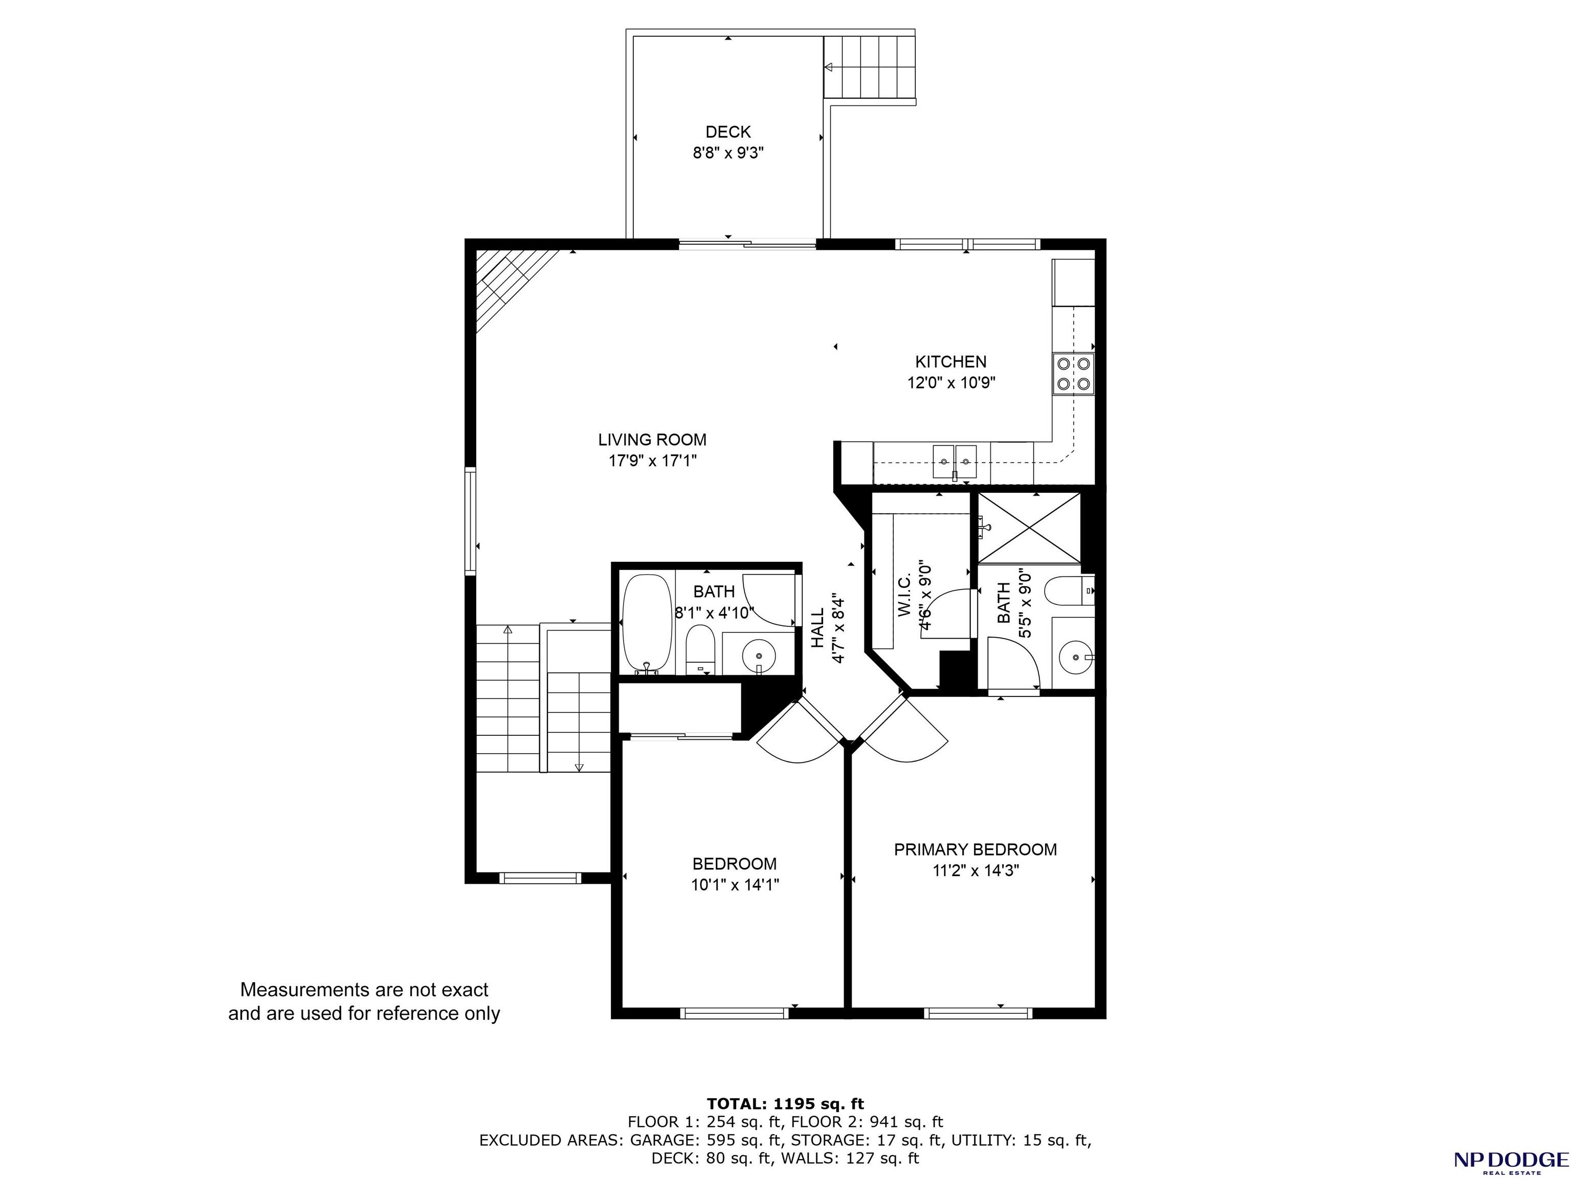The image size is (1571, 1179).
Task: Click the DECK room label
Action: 728,132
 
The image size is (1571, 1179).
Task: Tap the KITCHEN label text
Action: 950,361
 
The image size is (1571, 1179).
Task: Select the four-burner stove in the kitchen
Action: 1073,374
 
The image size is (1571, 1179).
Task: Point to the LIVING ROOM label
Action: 652,440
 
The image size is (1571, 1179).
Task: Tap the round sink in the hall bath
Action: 759,653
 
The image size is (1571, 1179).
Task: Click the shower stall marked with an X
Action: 1029,527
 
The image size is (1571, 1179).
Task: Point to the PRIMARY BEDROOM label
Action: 975,849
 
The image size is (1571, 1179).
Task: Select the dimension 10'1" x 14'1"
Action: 735,885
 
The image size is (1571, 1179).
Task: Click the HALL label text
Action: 818,628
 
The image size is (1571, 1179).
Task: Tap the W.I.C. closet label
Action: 904,595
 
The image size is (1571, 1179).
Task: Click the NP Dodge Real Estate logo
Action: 1511,1159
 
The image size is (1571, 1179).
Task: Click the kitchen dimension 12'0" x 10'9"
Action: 951,383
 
